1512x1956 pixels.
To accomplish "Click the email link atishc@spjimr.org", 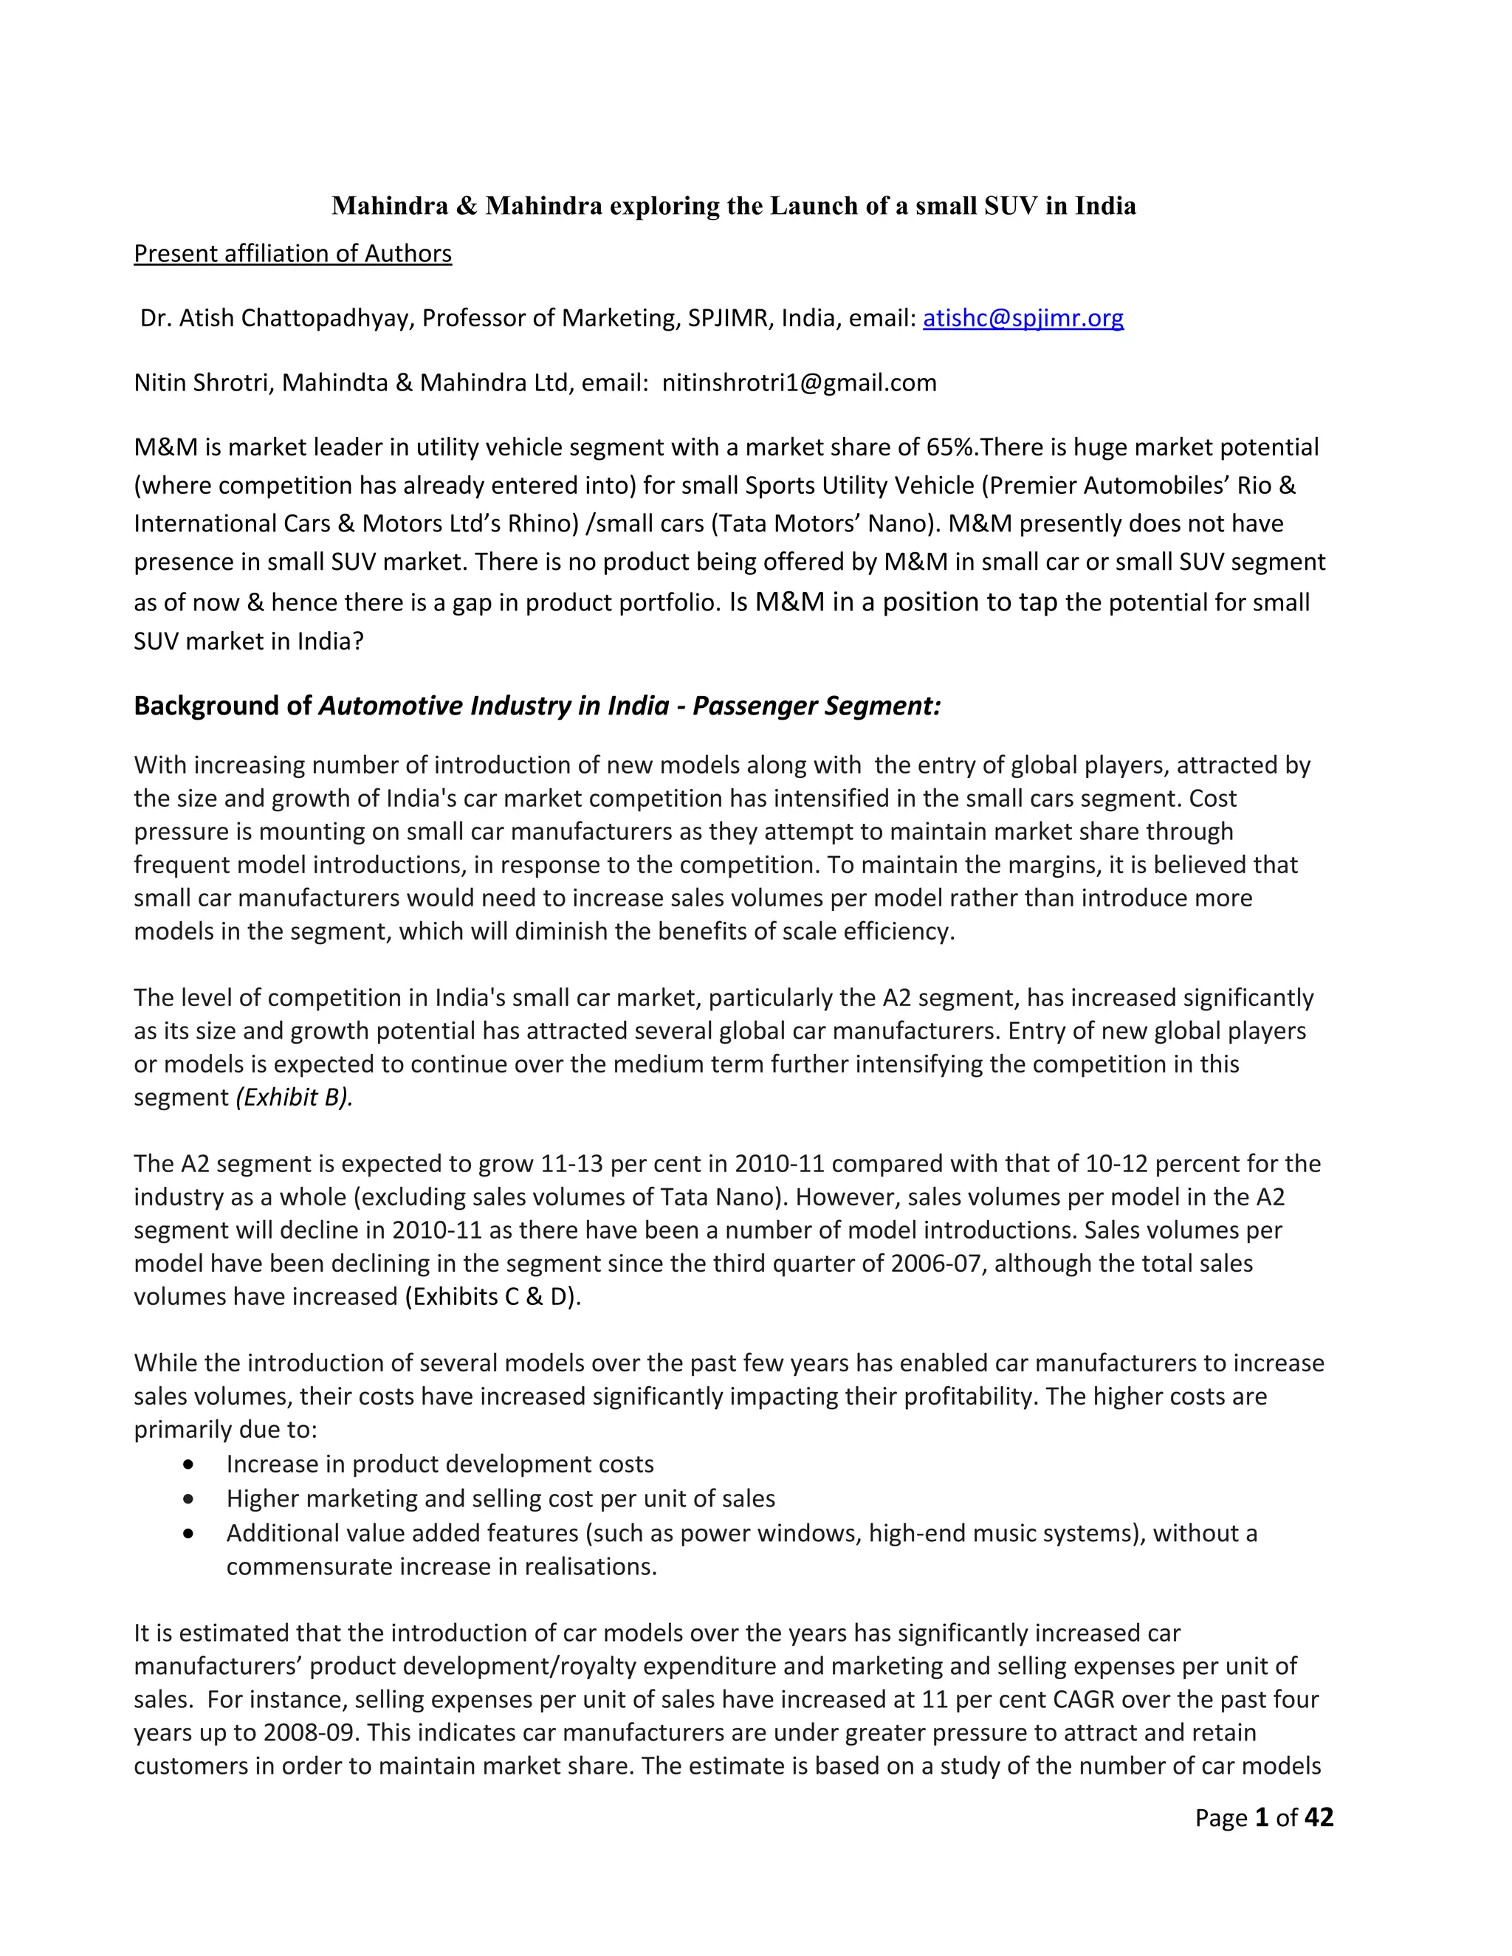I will pos(1023,319).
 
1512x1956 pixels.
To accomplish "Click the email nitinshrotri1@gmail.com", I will pos(799,383).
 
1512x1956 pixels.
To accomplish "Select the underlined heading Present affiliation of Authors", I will pos(293,255).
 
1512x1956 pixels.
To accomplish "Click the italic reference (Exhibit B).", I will pos(294,1098).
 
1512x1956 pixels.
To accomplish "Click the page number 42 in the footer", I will pos(1319,1817).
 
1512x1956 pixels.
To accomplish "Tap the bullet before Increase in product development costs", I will pos(188,1464).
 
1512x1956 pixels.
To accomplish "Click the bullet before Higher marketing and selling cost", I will pos(188,1498).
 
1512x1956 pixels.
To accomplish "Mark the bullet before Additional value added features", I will pos(188,1533).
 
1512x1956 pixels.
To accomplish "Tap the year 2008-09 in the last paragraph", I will pos(311,1733).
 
